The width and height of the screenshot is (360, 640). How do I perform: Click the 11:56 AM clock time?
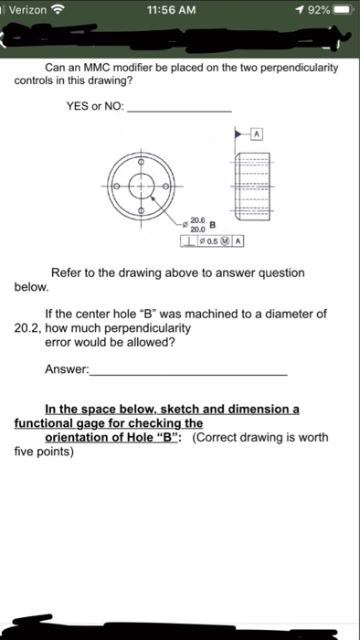click(x=179, y=9)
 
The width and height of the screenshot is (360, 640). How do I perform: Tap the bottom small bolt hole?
click(x=141, y=212)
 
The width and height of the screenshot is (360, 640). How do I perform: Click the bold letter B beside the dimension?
click(x=214, y=225)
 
